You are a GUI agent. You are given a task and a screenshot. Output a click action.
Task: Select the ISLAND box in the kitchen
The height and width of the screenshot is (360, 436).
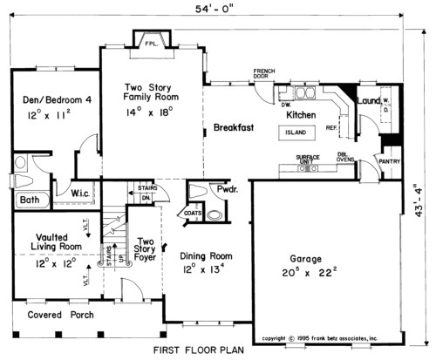click(x=296, y=133)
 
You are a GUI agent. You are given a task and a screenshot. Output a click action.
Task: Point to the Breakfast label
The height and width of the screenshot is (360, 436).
click(x=234, y=128)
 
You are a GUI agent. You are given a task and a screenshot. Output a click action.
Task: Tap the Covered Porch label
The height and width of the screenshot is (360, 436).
click(x=55, y=315)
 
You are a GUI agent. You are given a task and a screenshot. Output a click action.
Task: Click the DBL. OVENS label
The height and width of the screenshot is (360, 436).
click(x=347, y=156)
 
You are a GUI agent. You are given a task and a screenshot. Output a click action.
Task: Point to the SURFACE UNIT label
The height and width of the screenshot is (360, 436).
click(x=310, y=159)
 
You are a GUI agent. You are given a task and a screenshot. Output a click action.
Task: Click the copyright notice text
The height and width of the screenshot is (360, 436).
click(x=320, y=337)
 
